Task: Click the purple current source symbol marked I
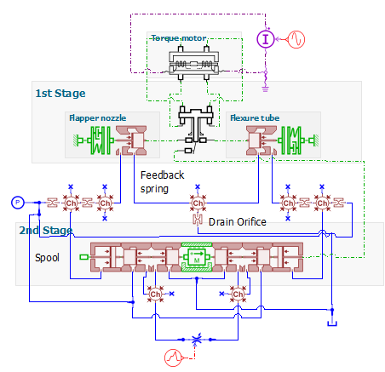pyautogui.click(x=266, y=39)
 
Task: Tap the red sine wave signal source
pyautogui.click(x=296, y=39)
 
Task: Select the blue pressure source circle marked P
pyautogui.click(x=18, y=203)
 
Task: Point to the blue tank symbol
pyautogui.click(x=332, y=323)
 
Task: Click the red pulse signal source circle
pyautogui.click(x=173, y=358)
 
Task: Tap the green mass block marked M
pyautogui.click(x=197, y=257)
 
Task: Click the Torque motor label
pyautogui.click(x=179, y=38)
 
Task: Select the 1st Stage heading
pyautogui.click(x=60, y=94)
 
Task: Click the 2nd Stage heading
pyautogui.click(x=46, y=230)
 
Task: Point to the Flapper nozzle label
pyautogui.click(x=98, y=118)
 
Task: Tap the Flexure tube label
pyautogui.click(x=255, y=118)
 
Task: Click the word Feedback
pyautogui.click(x=163, y=175)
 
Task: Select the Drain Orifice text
pyautogui.click(x=238, y=222)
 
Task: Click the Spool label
pyautogui.click(x=47, y=258)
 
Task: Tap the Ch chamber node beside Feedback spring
pyautogui.click(x=198, y=203)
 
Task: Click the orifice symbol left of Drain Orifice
pyautogui.click(x=198, y=220)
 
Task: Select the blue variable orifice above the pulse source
pyautogui.click(x=196, y=340)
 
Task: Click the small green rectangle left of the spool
pyautogui.click(x=84, y=257)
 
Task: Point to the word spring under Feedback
pyautogui.click(x=154, y=189)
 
